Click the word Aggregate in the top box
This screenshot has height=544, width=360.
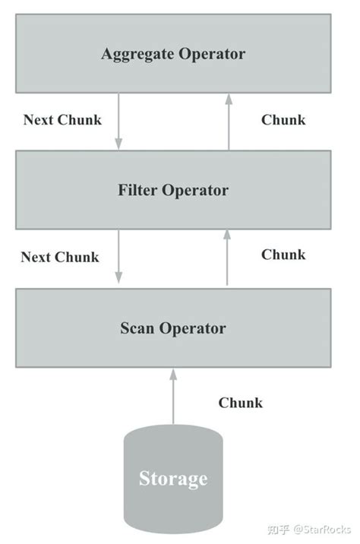tap(137, 55)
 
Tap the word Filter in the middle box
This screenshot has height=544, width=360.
tap(137, 190)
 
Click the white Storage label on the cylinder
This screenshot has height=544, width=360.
tap(173, 479)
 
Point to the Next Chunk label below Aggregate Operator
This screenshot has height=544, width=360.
tap(62, 120)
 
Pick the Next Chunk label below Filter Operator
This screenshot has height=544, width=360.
tap(60, 257)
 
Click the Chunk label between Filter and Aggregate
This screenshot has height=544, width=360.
tap(283, 120)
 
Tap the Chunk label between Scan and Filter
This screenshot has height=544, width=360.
tap(283, 255)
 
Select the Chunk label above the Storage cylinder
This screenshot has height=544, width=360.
tap(240, 403)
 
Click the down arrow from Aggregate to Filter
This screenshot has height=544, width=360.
tap(118, 121)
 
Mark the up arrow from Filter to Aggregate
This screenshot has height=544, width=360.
tap(229, 122)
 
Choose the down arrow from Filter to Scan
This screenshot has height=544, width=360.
tap(118, 256)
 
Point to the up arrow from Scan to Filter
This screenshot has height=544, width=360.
tap(227, 258)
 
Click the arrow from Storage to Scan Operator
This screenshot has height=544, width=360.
tap(173, 396)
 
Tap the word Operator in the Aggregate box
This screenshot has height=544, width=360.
tap(212, 55)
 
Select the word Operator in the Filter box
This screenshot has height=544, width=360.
tap(195, 191)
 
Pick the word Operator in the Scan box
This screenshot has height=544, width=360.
tap(192, 329)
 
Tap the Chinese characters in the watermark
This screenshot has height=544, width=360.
tap(279, 530)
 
